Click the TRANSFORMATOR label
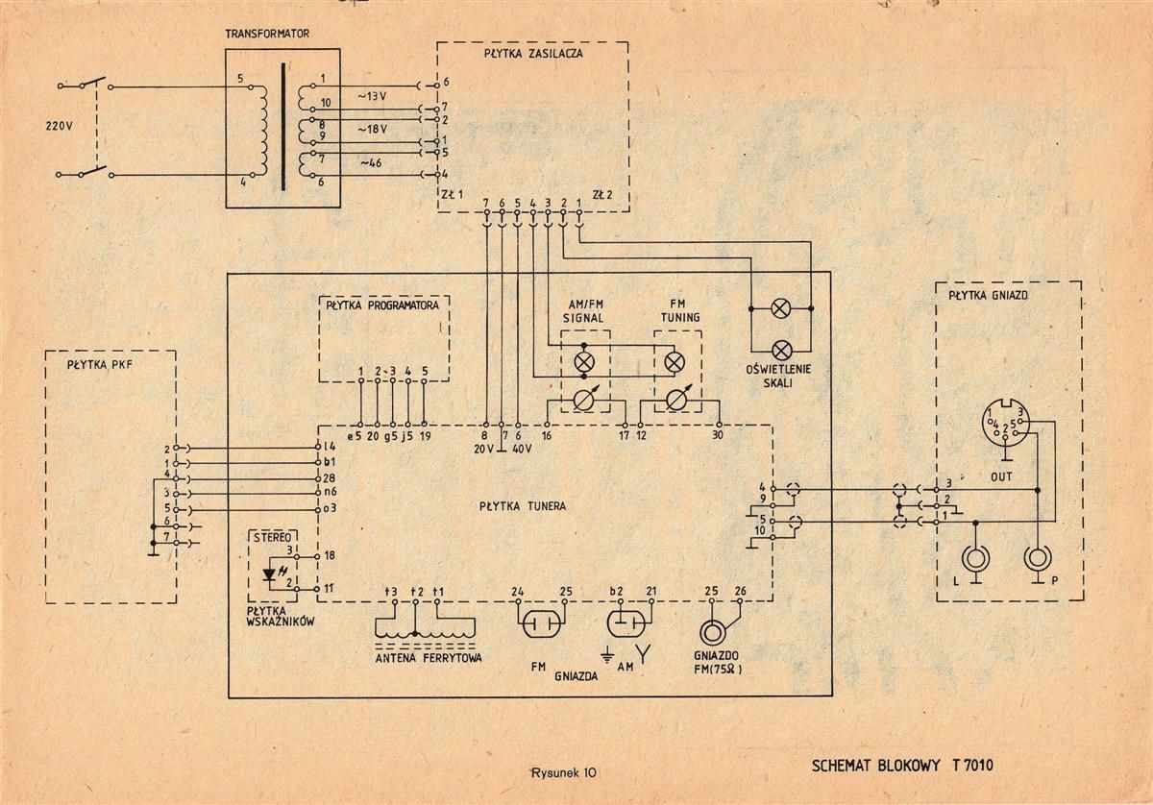click(x=267, y=34)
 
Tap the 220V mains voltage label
click(x=60, y=126)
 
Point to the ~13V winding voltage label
click(x=372, y=96)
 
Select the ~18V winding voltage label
click(x=372, y=129)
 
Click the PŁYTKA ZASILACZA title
click(x=533, y=53)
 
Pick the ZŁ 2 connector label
click(x=602, y=195)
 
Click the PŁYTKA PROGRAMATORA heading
click(x=382, y=305)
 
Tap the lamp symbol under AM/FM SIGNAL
click(x=584, y=361)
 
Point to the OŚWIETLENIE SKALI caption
click(x=777, y=376)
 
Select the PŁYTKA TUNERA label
click(x=523, y=506)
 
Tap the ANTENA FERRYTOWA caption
click(x=429, y=658)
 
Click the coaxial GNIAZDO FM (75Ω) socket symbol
click(x=712, y=631)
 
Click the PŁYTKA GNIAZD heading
click(x=989, y=296)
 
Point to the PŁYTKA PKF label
click(x=99, y=365)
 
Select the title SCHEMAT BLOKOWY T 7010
click(x=902, y=766)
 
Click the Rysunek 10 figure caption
click(x=564, y=772)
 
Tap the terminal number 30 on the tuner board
click(x=717, y=435)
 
